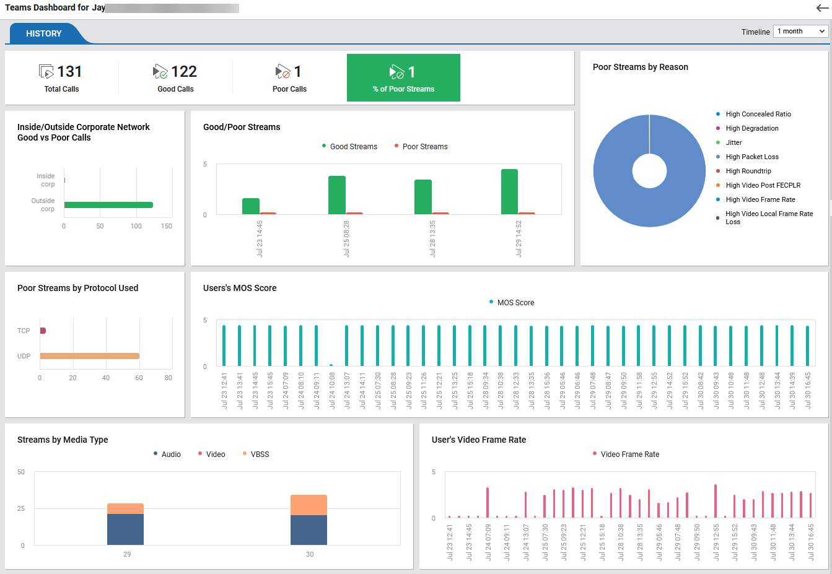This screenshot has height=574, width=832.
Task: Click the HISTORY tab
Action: [43, 33]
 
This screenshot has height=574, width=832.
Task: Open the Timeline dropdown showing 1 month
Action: [801, 31]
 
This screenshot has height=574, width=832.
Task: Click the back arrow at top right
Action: [822, 8]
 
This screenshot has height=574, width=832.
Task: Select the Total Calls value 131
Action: [69, 72]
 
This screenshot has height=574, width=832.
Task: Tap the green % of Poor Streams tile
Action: [403, 78]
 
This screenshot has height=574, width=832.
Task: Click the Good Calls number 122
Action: [184, 72]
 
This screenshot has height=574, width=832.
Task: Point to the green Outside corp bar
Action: [108, 205]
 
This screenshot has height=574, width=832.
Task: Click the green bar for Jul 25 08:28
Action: [337, 195]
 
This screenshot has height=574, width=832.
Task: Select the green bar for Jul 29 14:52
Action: [509, 191]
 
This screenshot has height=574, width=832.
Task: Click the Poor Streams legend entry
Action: [424, 147]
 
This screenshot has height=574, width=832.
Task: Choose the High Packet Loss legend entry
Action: [751, 157]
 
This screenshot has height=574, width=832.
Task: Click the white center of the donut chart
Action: [649, 171]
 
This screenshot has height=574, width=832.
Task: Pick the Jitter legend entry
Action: [733, 142]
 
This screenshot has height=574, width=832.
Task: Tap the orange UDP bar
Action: [90, 356]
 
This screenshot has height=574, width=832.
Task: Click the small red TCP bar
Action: [43, 331]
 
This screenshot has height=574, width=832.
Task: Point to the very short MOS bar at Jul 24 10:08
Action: [331, 365]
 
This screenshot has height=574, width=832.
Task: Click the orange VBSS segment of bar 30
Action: [309, 505]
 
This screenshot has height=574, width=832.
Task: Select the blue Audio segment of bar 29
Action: [125, 529]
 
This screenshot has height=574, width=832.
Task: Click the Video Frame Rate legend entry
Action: [629, 454]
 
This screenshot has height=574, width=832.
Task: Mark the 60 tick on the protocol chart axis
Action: [139, 378]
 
